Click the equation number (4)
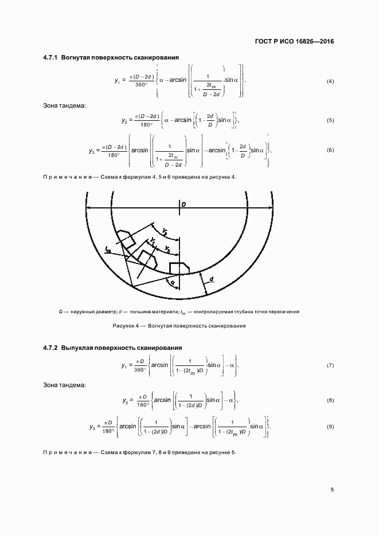[x=330, y=81]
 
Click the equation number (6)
[x=330, y=150]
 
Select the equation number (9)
[x=330, y=427]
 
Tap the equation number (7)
[x=330, y=365]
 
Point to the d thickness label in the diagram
[x=212, y=279]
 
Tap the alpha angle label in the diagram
[x=170, y=281]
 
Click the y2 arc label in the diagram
[x=165, y=230]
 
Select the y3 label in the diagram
[x=166, y=249]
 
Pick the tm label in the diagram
[x=108, y=249]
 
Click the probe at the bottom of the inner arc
[x=179, y=267]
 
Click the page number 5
[x=332, y=490]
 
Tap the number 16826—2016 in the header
[x=314, y=41]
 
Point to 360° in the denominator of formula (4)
[x=140, y=85]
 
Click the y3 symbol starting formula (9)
[x=92, y=427]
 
